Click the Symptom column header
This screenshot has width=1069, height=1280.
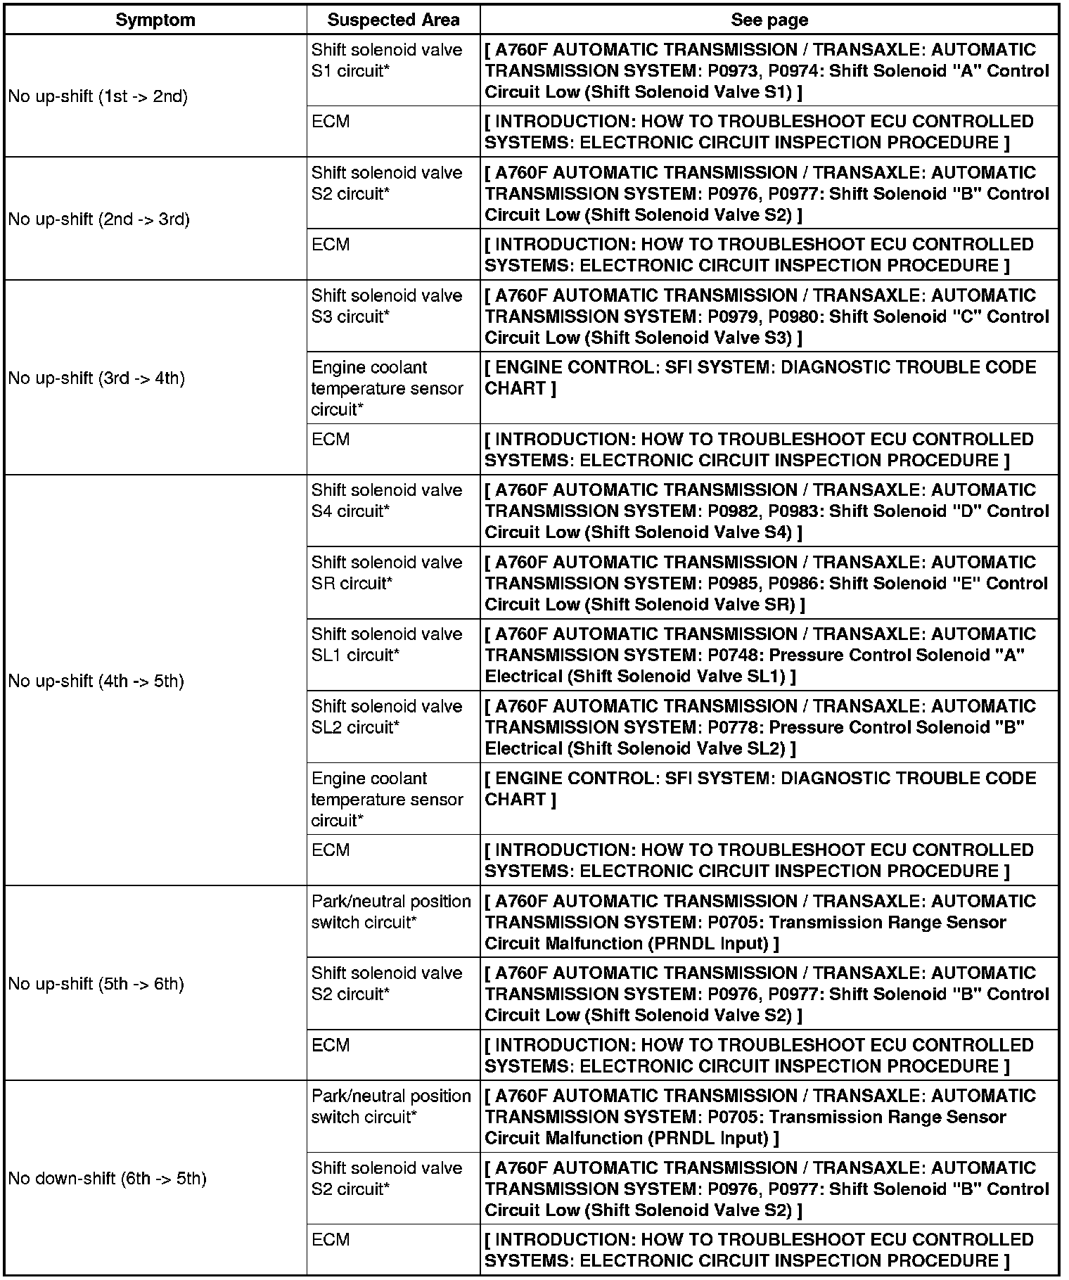coord(155,20)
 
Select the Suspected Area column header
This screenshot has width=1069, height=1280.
coord(393,20)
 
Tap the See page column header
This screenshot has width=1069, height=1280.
coord(769,20)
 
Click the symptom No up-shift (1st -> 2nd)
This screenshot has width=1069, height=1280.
coord(98,96)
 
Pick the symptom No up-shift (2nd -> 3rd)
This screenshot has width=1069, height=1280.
coord(98,219)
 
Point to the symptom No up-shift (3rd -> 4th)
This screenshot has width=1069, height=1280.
coord(96,378)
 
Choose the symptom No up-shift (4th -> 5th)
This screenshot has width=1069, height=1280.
coord(96,681)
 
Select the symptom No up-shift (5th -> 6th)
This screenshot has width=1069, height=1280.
coord(96,983)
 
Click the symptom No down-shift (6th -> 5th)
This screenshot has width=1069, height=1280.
coord(107,1178)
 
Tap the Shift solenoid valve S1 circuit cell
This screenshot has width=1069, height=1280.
coord(387,60)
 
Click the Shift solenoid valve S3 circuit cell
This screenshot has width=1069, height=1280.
coord(387,306)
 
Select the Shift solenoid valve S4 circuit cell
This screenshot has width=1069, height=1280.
coord(387,501)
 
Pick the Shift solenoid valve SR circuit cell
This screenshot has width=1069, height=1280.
coord(387,572)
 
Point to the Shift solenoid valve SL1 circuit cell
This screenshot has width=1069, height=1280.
coord(387,644)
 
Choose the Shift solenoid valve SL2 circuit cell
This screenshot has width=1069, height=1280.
coord(387,717)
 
